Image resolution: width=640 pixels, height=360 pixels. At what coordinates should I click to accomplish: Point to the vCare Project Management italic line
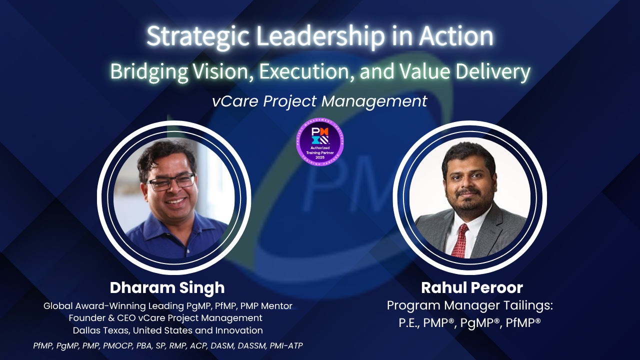click(319, 101)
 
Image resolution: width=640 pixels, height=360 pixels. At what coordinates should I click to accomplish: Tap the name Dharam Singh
click(167, 288)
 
